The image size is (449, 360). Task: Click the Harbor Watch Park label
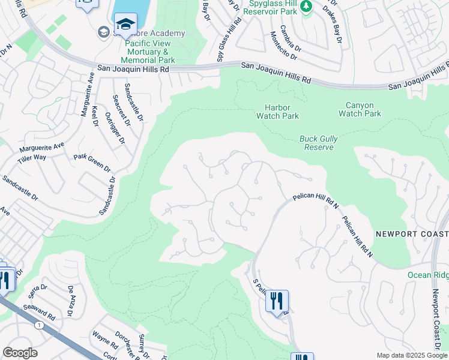coord(277,112)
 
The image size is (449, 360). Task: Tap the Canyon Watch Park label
coord(360,109)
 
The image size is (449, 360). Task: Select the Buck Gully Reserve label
coord(318,143)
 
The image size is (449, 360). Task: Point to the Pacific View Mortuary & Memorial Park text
coord(148,52)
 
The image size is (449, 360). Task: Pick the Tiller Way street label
coord(32,157)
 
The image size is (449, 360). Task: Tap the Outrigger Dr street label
coord(114,128)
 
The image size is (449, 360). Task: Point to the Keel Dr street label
coord(95,116)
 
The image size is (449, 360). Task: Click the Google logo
coord(20,353)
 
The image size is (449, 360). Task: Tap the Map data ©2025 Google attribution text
coord(411,355)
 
